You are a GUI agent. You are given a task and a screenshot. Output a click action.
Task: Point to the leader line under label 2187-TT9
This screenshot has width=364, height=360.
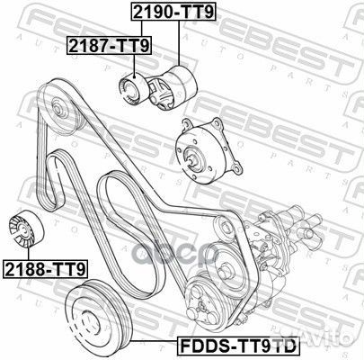pos(132,61)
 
